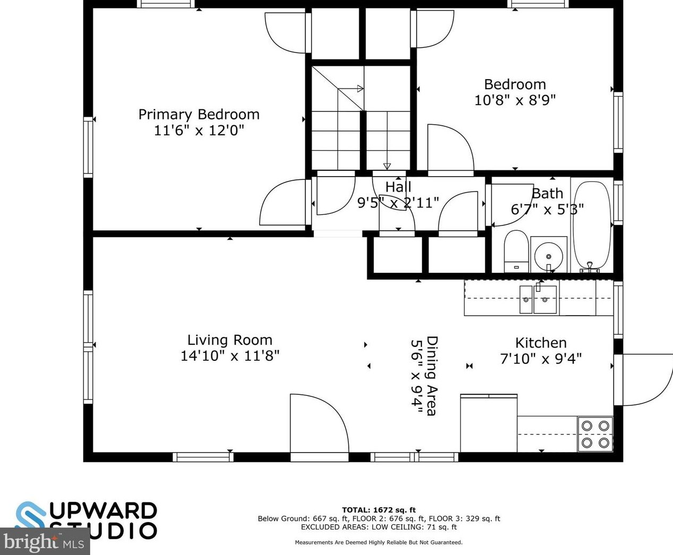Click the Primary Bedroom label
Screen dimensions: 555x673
point(199,115)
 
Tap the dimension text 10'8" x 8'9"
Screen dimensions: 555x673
point(515,100)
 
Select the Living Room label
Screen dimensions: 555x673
point(229,340)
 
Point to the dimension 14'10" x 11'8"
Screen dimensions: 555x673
point(229,355)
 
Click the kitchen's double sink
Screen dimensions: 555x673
point(539,300)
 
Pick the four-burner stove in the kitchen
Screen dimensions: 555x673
point(595,433)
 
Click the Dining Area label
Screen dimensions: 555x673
point(432,376)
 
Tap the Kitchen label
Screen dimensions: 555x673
point(541,343)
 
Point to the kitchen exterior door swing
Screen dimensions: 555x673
point(645,379)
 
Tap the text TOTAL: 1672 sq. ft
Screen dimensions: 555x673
point(378,510)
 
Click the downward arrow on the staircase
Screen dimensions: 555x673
point(387,166)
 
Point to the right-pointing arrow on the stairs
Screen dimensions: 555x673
point(359,89)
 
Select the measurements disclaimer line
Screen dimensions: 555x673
point(378,542)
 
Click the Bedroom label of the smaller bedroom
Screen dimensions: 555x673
point(515,84)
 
